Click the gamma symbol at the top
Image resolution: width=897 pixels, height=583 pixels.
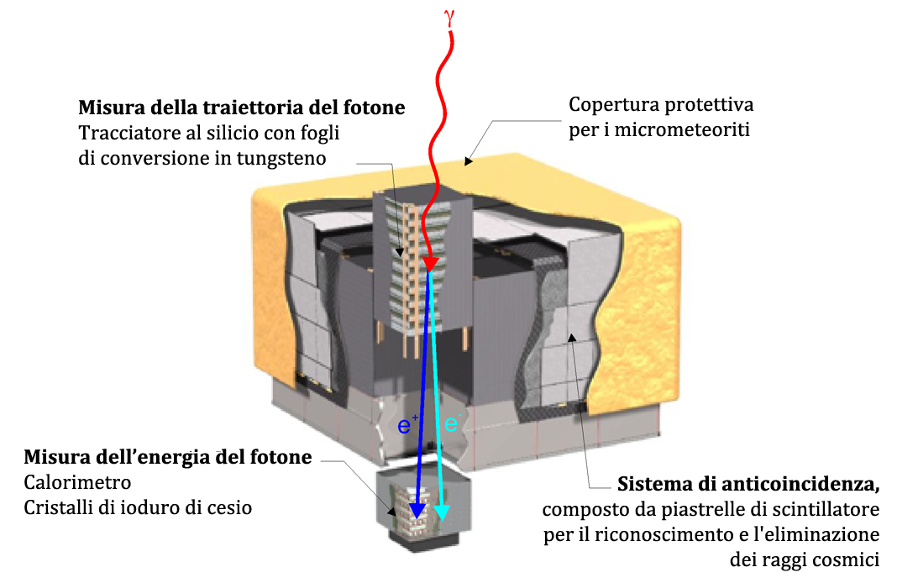coord(451,16)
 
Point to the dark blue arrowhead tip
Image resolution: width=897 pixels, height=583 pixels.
coord(416,514)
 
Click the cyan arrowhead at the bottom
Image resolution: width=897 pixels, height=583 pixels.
coord(442,512)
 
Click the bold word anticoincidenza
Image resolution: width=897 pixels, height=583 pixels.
coord(802,485)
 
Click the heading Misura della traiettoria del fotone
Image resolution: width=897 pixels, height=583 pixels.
coord(242,108)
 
